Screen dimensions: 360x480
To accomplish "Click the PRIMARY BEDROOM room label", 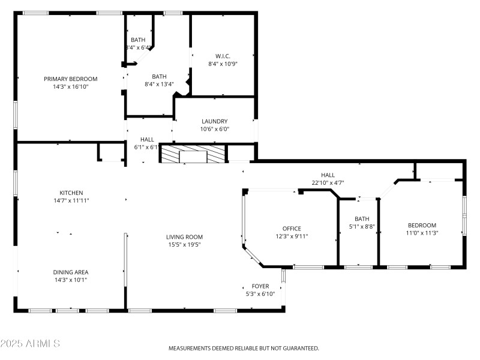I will (x=70, y=79).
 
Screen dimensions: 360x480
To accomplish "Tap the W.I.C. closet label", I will (x=223, y=56).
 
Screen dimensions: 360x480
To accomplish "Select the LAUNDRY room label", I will (x=214, y=121).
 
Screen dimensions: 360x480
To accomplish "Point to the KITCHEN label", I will (x=70, y=193).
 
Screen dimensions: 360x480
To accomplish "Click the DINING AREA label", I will (x=70, y=272).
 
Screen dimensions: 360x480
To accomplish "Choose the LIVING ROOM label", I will (x=184, y=237).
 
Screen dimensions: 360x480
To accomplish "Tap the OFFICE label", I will (x=292, y=228).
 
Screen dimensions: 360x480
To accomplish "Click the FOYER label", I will (x=260, y=286).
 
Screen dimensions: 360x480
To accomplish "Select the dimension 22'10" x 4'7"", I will (x=328, y=183).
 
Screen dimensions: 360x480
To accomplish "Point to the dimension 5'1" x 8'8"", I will (x=362, y=227).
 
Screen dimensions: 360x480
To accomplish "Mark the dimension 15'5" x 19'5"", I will (x=184, y=245).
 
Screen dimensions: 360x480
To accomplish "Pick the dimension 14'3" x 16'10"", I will (x=70, y=86).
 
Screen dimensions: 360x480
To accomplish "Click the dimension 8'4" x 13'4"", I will (x=159, y=84).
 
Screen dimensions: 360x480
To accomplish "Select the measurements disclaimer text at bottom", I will (x=243, y=348).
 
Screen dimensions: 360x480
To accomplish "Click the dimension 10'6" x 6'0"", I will (x=214, y=129).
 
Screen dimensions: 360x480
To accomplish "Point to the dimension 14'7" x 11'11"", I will (x=70, y=200).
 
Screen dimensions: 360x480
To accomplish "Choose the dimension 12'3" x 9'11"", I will (x=292, y=236).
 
